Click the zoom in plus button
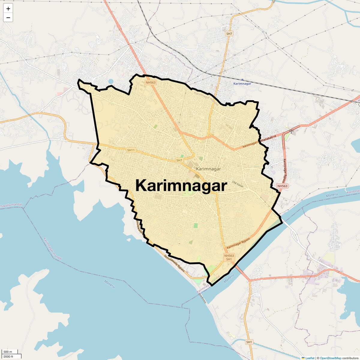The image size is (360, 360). pyautogui.click(x=8, y=9)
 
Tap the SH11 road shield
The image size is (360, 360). pyautogui.click(x=131, y=150)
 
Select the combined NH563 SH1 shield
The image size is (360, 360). pyautogui.click(x=229, y=257)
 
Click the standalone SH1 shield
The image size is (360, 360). pyautogui.click(x=249, y=342)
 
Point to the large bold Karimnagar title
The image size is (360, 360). pyautogui.click(x=181, y=185)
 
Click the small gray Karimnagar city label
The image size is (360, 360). pyautogui.click(x=208, y=169)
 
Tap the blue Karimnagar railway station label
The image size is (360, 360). pyautogui.click(x=242, y=84)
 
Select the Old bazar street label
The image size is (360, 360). pyautogui.click(x=238, y=184)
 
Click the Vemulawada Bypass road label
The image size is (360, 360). pyautogui.click(x=174, y=263)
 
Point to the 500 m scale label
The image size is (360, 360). pyautogui.click(x=8, y=352)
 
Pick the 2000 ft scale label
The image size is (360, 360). pyautogui.click(x=8, y=356)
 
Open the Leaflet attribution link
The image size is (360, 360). pyautogui.click(x=310, y=358)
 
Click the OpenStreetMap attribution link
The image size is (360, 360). pyautogui.click(x=331, y=358)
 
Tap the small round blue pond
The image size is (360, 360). pyautogui.click(x=111, y=81)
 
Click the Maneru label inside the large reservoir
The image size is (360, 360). pyautogui.click(x=109, y=284)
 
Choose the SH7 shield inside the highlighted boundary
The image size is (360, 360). pyautogui.click(x=179, y=160)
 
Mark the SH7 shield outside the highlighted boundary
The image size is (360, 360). pyautogui.click(x=229, y=34)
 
